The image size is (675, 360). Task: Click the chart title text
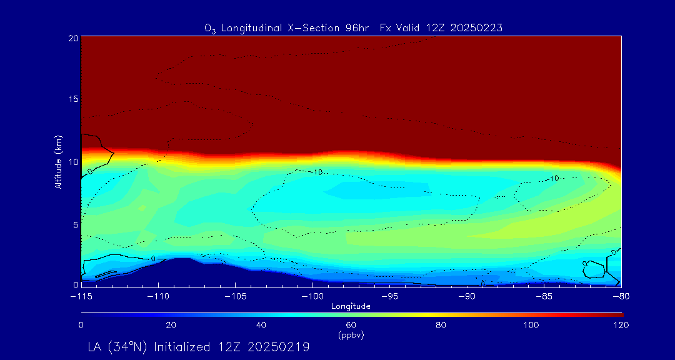click(x=353, y=27)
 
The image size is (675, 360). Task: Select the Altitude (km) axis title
click(x=58, y=161)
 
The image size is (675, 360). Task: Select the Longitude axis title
click(x=351, y=306)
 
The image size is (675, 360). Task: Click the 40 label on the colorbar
click(x=261, y=325)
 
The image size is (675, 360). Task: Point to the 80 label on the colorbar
click(x=441, y=325)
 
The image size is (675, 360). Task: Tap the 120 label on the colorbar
click(x=621, y=325)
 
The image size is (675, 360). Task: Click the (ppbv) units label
click(x=351, y=336)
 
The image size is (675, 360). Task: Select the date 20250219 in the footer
click(x=279, y=346)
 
